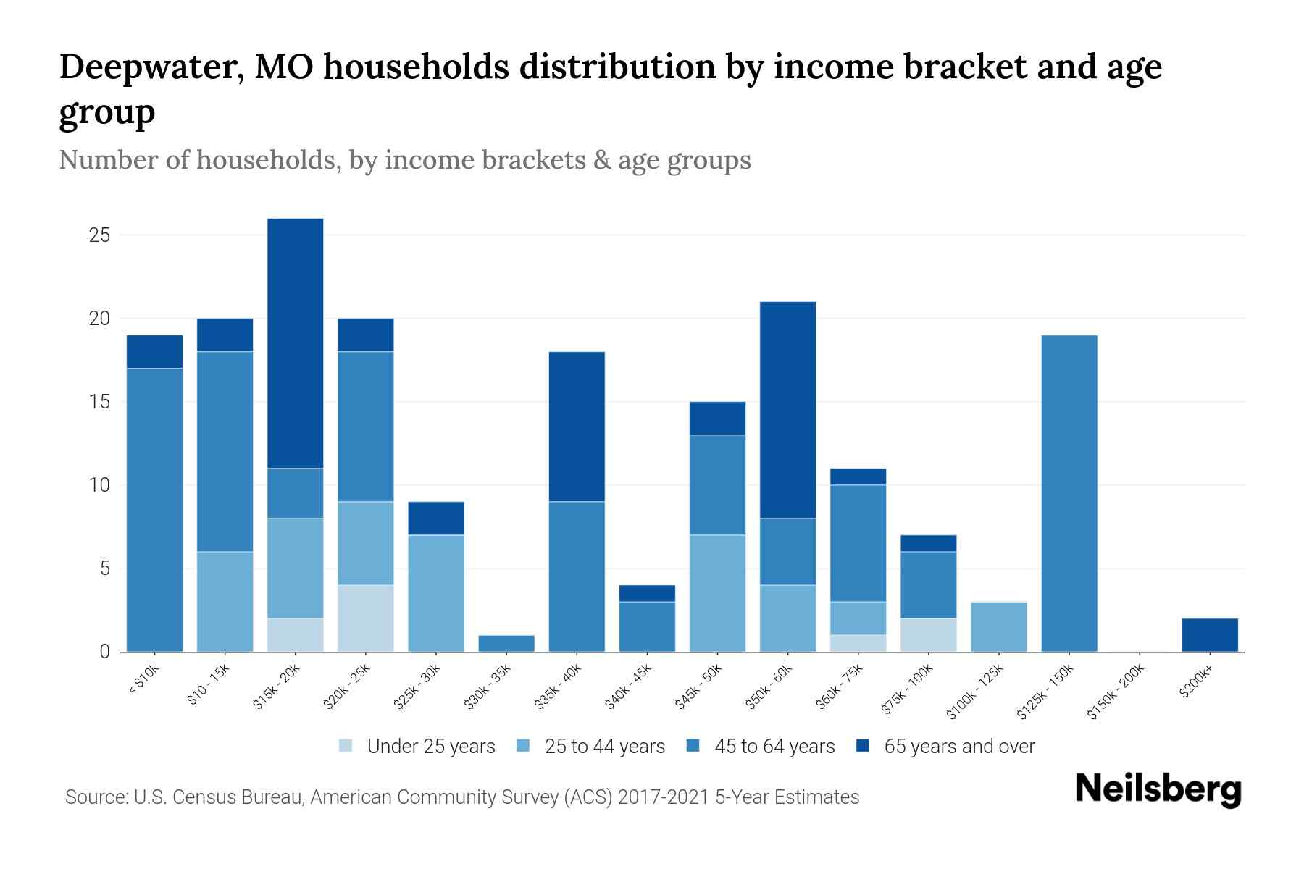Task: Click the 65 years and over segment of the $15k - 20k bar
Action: point(295,343)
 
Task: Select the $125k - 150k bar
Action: point(1069,493)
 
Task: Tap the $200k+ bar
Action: point(1209,635)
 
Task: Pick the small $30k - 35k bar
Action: point(506,643)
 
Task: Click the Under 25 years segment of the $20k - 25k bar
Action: point(365,618)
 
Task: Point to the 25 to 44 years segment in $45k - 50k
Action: point(717,593)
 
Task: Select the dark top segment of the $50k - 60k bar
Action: point(787,410)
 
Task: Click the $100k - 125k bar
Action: point(998,626)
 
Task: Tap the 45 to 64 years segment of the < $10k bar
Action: point(154,510)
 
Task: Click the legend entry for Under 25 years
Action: point(430,747)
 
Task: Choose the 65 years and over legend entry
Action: point(958,747)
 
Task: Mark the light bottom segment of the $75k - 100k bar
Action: point(928,635)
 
